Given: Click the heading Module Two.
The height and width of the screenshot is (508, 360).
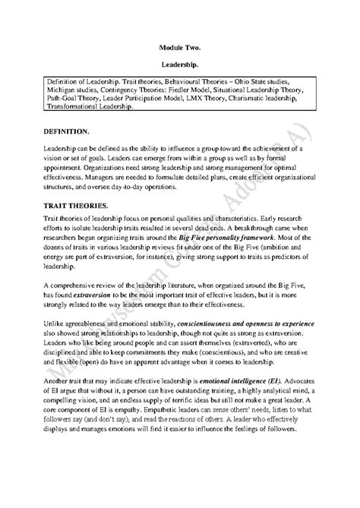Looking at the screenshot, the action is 180,45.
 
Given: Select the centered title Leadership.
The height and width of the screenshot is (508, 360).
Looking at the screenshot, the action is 180,65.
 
